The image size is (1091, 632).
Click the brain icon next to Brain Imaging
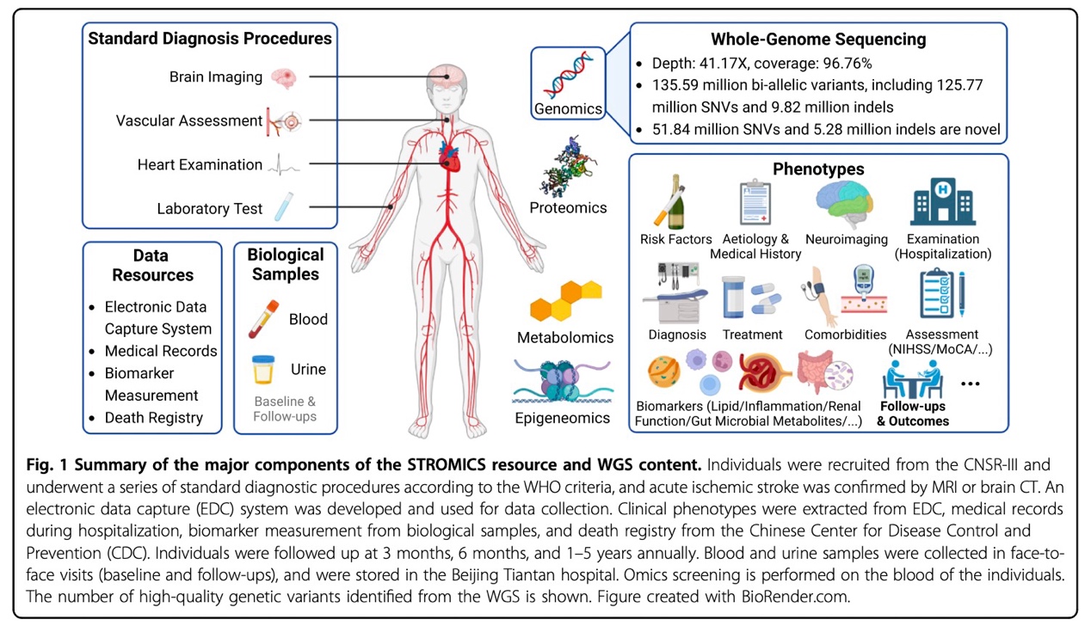coord(283,77)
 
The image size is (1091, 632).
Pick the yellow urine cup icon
coord(262,370)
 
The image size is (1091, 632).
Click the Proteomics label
coord(568,207)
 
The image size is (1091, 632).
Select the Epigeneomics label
coord(564,419)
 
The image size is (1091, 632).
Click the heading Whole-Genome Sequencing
coord(817,39)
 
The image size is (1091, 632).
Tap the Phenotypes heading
coord(818,169)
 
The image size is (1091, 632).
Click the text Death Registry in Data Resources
coord(154,419)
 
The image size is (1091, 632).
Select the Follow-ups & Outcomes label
coord(913,414)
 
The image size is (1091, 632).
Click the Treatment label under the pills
coord(752,334)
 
